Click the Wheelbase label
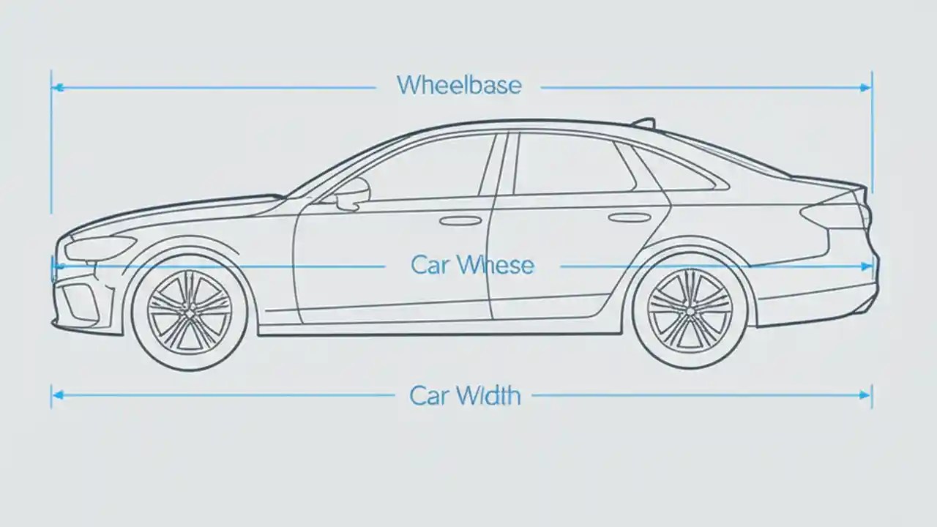459,85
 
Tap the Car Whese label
472,265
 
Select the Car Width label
465,396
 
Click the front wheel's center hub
190,313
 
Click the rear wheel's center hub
690,311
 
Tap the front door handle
460,220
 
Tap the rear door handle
630,217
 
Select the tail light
835,214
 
